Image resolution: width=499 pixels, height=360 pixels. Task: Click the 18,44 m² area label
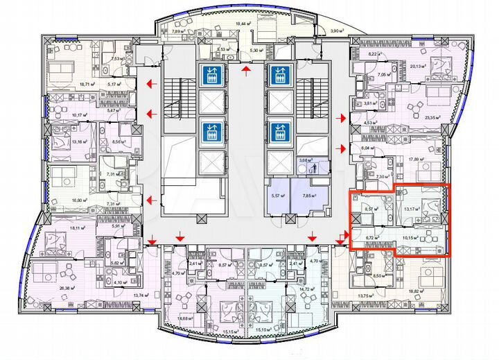pyautogui.click(x=243, y=24)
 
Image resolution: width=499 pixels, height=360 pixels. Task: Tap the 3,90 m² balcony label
pyautogui.click(x=339, y=31)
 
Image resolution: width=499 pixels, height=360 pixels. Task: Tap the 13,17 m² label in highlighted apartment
pyautogui.click(x=412, y=209)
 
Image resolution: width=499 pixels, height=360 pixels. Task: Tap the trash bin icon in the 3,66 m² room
pyautogui.click(x=313, y=166)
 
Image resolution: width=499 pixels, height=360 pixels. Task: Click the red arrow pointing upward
pyautogui.click(x=245, y=69)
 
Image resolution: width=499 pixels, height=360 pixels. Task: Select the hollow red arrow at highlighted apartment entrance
pyautogui.click(x=340, y=239)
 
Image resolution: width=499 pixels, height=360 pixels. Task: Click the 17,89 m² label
pyautogui.click(x=418, y=160)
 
